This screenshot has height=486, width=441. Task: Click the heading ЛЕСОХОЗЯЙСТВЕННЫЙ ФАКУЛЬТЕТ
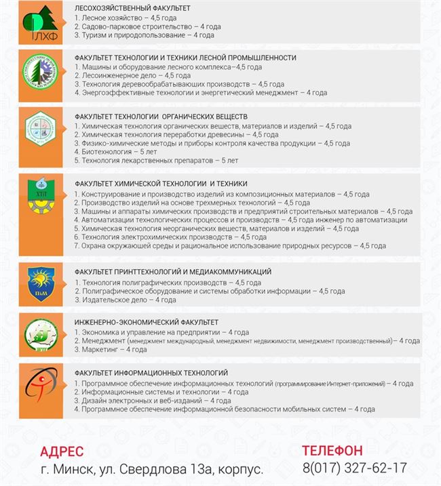tap(132, 8)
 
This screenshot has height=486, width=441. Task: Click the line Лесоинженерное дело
tap(123, 75)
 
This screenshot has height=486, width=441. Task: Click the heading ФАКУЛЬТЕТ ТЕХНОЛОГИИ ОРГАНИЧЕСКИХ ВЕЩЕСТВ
tap(161, 117)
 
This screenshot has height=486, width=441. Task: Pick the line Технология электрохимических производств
tap(170, 237)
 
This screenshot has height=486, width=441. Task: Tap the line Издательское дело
tap(126, 300)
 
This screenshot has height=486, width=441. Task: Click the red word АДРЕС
tap(62, 451)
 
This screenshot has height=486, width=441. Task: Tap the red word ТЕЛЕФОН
tap(332, 451)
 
